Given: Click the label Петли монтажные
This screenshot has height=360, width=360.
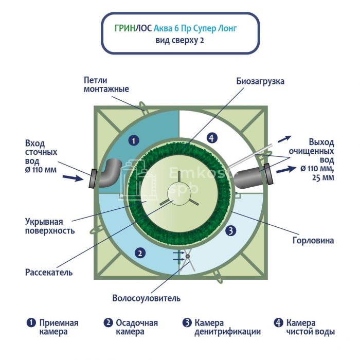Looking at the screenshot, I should point(106,84).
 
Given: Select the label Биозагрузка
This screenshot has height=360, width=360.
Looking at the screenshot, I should point(260,81).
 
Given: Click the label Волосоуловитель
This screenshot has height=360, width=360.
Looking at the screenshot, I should point(147,298).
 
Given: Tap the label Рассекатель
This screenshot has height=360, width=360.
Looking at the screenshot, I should point(49,272).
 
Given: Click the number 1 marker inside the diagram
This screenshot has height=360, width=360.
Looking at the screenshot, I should point(133,139).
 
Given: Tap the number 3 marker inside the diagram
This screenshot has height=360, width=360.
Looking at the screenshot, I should point(231,231).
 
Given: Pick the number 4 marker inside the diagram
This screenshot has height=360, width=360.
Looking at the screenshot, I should point(210,137).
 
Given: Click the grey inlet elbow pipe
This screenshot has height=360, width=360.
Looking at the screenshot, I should point(109,172).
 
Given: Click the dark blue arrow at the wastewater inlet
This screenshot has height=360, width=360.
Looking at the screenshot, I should point(74,178).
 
